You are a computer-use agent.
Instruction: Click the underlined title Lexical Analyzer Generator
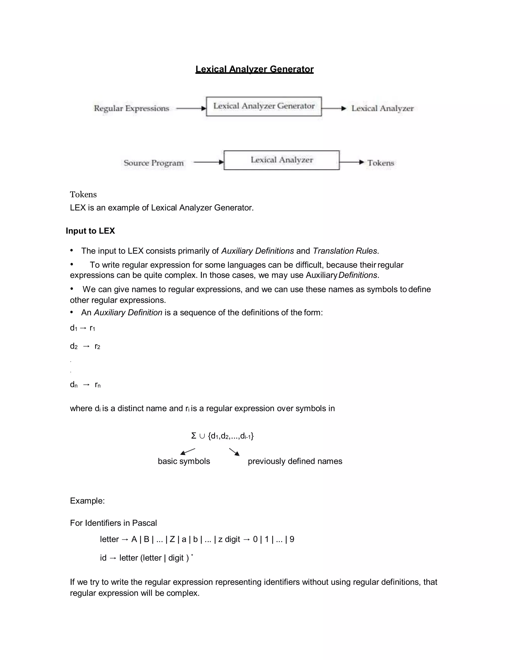click(255, 69)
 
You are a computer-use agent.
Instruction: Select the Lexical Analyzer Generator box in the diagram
click(264, 106)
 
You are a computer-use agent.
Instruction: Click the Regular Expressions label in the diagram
click(131, 108)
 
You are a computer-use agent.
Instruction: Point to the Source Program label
click(153, 163)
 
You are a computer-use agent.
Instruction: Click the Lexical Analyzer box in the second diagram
click(282, 160)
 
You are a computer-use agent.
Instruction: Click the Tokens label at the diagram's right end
click(381, 163)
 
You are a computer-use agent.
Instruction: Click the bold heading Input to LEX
click(90, 231)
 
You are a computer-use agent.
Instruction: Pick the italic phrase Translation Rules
click(345, 251)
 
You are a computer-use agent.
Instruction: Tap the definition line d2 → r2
click(85, 346)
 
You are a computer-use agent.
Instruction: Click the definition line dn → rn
click(85, 385)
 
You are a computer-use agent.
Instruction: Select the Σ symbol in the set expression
click(194, 436)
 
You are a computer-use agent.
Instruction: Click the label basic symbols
click(184, 461)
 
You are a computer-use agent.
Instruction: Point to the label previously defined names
click(295, 461)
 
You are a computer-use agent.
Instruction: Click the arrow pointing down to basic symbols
click(188, 452)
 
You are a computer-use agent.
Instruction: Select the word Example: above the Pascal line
click(87, 501)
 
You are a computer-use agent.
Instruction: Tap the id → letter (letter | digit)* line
click(146, 558)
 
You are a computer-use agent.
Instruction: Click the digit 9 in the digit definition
click(292, 539)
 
